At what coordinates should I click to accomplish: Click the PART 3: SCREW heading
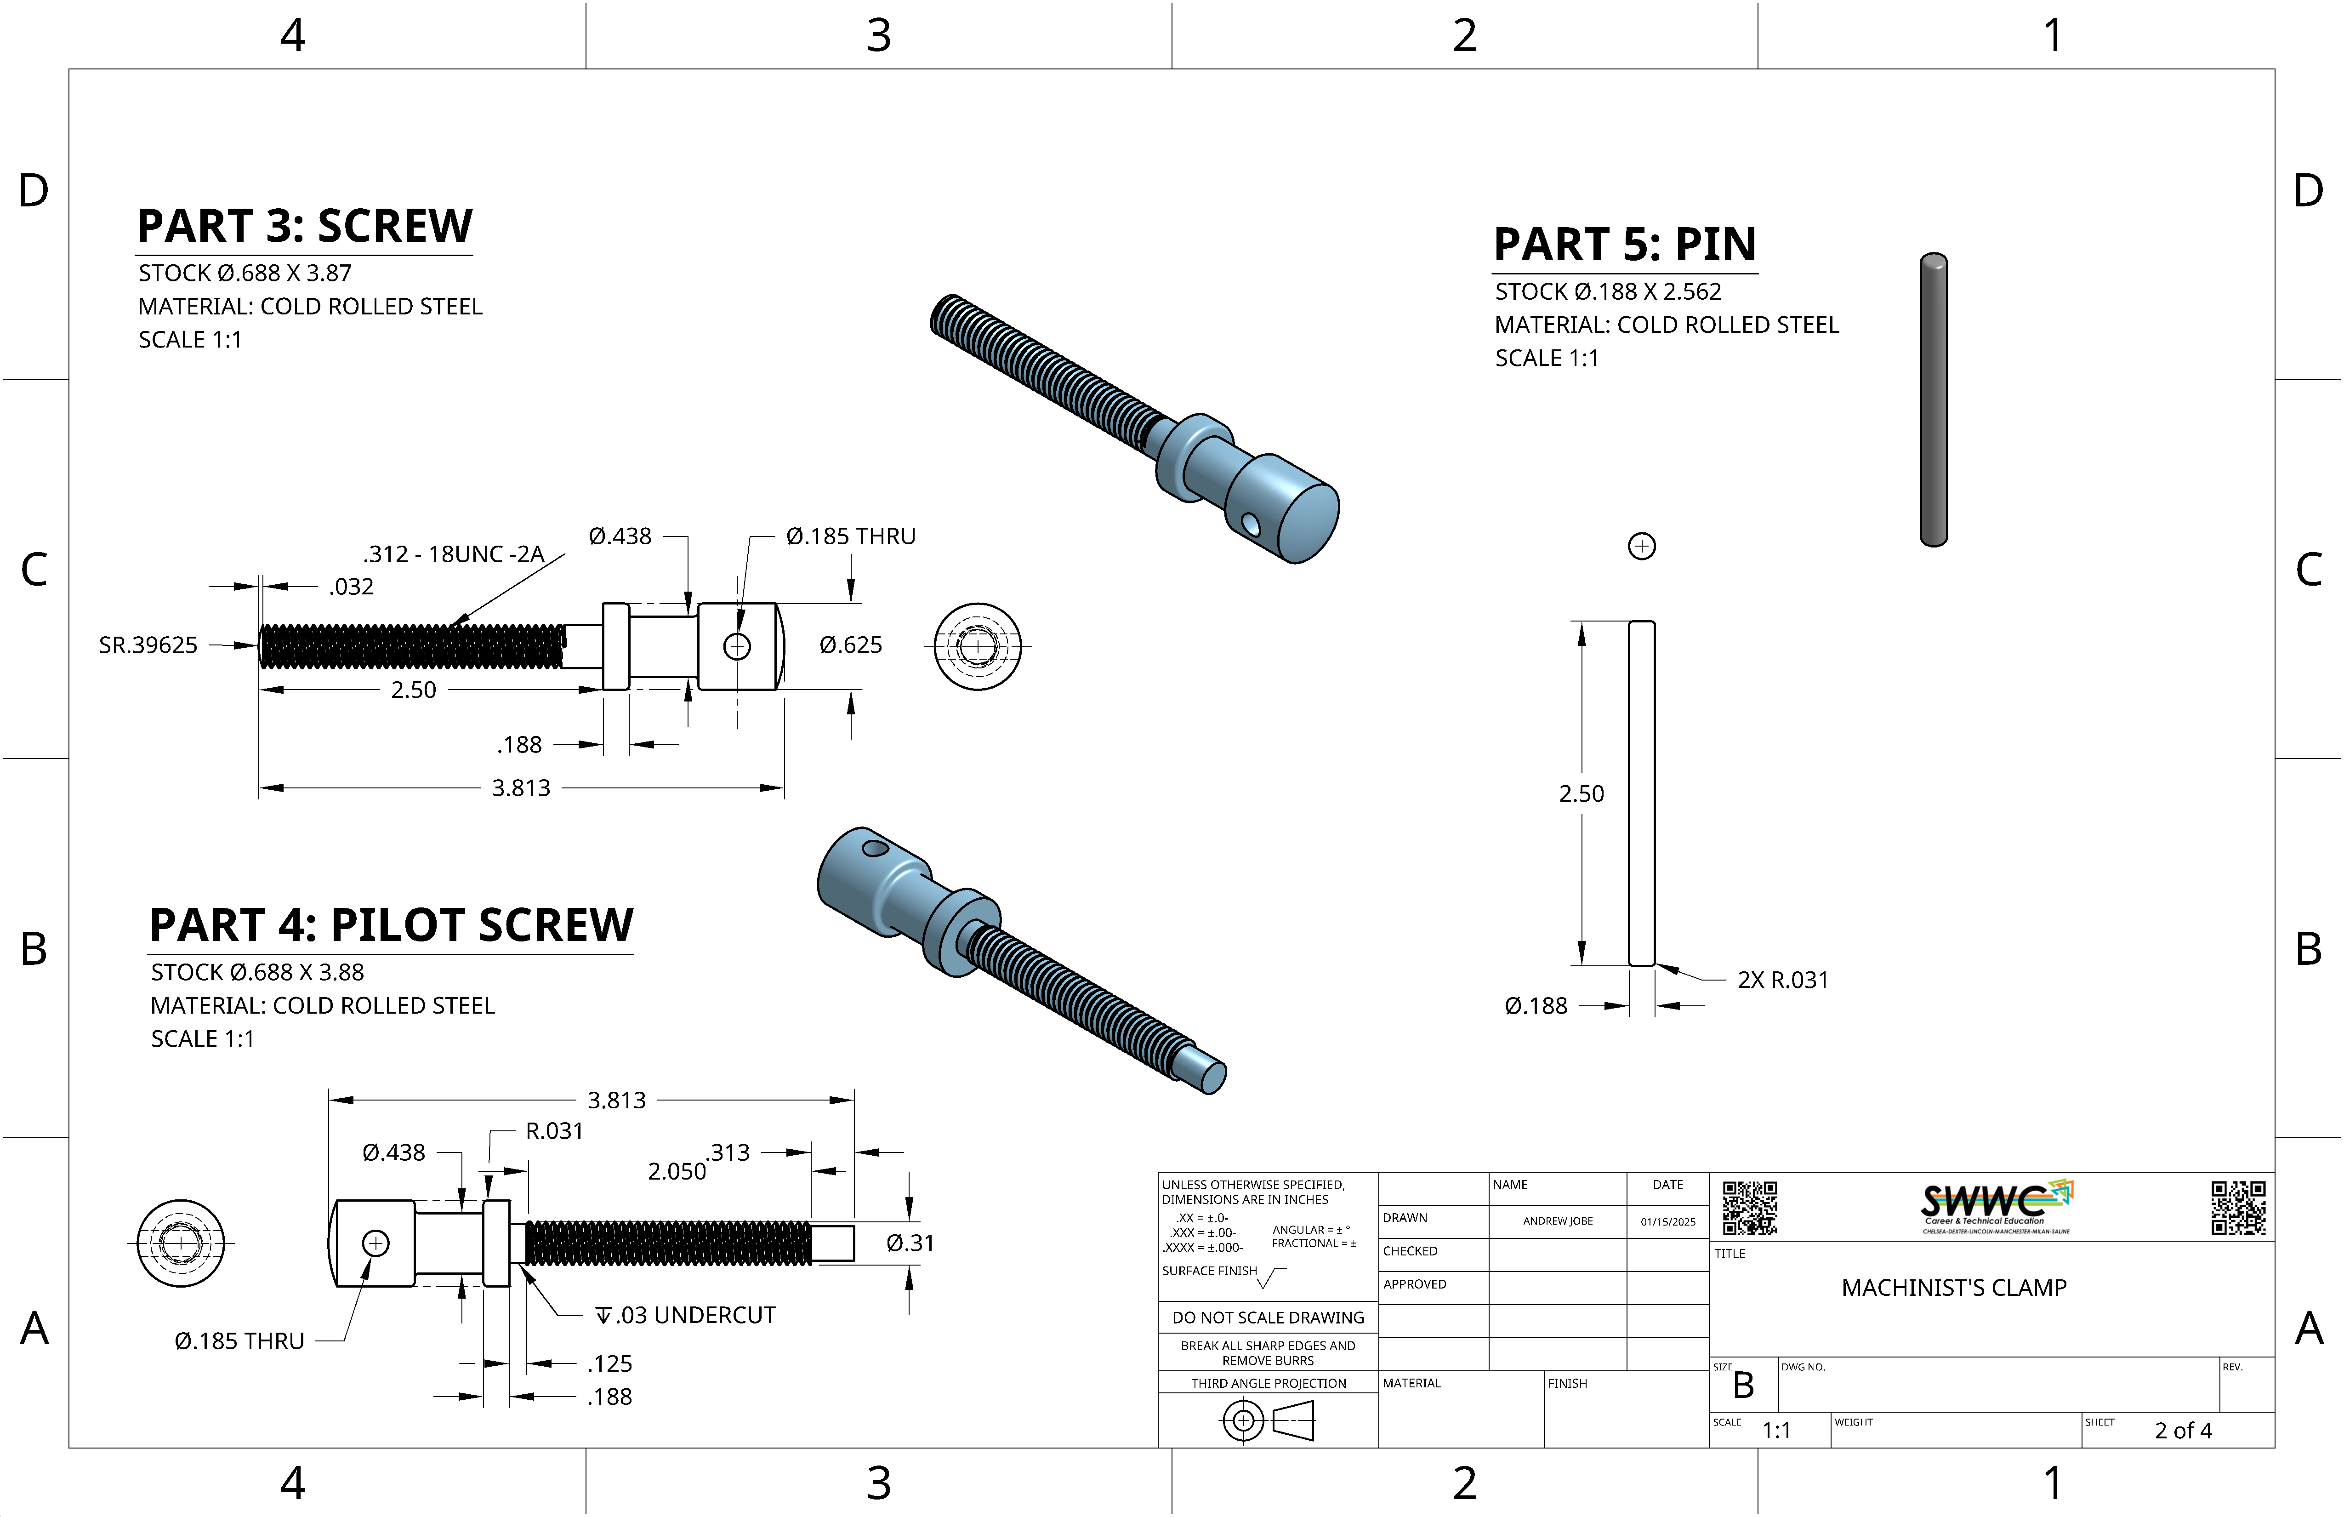click(304, 227)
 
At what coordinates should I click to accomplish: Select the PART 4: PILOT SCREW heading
click(391, 926)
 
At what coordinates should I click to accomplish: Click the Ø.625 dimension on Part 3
click(850, 645)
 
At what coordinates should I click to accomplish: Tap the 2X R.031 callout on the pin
click(1783, 980)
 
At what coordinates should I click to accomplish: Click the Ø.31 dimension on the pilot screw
click(909, 1243)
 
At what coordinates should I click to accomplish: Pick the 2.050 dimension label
click(677, 1171)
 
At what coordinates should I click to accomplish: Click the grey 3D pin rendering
click(1933, 399)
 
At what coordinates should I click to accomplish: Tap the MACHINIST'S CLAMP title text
click(1954, 1288)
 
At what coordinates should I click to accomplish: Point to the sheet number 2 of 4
click(2183, 1430)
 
